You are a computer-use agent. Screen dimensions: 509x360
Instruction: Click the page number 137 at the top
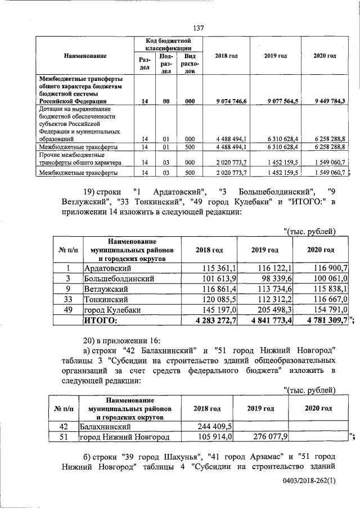[x=197, y=28]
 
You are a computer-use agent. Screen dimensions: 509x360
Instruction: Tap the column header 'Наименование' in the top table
[x=85, y=56]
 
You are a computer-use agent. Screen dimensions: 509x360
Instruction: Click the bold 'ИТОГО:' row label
[x=101, y=321]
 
